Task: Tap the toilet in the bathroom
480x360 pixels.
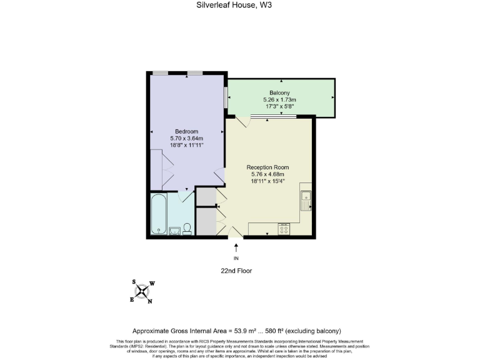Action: [186, 231]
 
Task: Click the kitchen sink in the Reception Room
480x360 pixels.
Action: [306, 199]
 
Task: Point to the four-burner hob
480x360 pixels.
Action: [284, 229]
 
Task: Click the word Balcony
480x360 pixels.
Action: [279, 93]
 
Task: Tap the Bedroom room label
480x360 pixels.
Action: [187, 131]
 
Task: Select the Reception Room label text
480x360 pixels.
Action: [267, 167]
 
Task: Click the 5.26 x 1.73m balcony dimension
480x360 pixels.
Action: [279, 100]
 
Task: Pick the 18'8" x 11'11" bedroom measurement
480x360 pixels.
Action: [187, 145]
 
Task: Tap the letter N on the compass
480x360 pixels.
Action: [150, 301]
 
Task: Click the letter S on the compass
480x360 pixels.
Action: [134, 282]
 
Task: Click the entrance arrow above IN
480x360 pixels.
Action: [236, 247]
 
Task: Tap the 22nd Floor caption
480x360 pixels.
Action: [236, 271]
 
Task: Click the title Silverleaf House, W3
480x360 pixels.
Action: [240, 5]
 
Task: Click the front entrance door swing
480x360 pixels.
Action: [235, 232]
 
